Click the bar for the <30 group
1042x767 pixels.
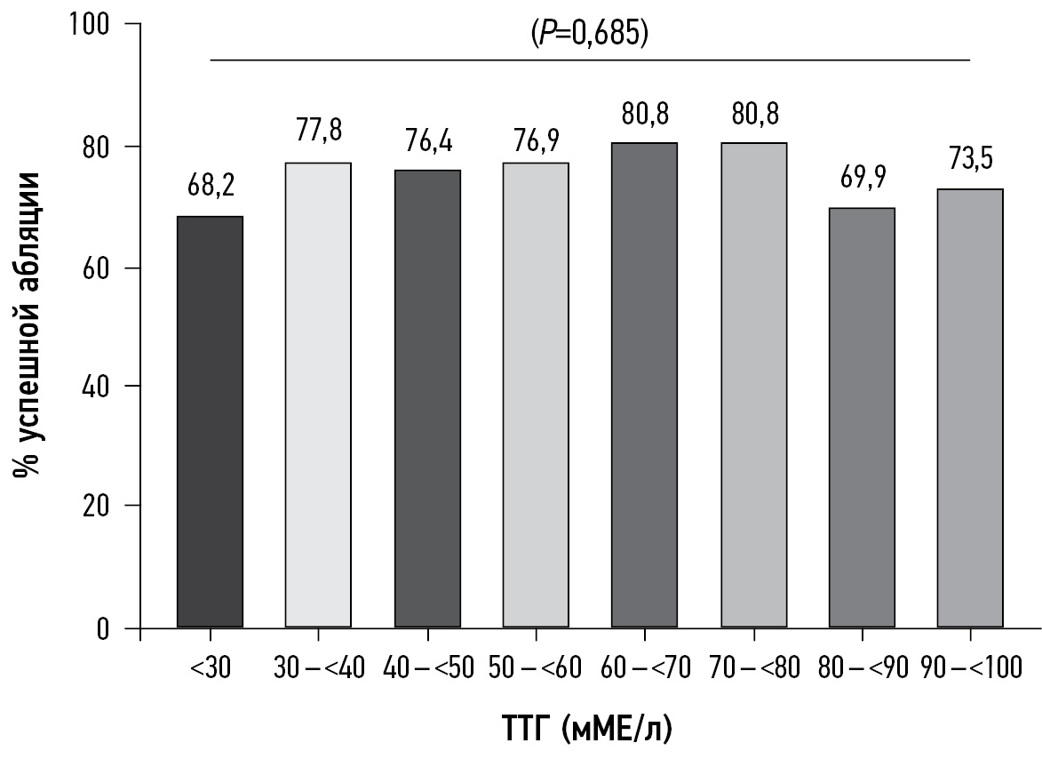pyautogui.click(x=210, y=422)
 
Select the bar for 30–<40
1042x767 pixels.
pyautogui.click(x=319, y=395)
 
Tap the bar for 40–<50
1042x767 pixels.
pyautogui.click(x=427, y=399)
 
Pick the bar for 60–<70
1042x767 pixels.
pyautogui.click(x=644, y=385)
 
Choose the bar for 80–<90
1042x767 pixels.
pyautogui.click(x=862, y=418)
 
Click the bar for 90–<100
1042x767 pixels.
pyautogui.click(x=970, y=409)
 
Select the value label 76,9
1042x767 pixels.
pyautogui.click(x=536, y=140)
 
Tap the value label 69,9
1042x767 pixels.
pyautogui.click(x=862, y=180)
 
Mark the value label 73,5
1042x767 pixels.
pyautogui.click(x=970, y=160)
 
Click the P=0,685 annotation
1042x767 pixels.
pyautogui.click(x=588, y=36)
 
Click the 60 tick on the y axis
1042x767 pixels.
pyautogui.click(x=111, y=268)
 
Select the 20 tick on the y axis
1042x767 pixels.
pyautogui.click(x=111, y=506)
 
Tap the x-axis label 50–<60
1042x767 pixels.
pyautogui.click(x=536, y=667)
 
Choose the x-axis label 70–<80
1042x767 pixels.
pyautogui.click(x=753, y=667)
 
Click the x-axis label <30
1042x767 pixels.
pyautogui.click(x=210, y=667)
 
